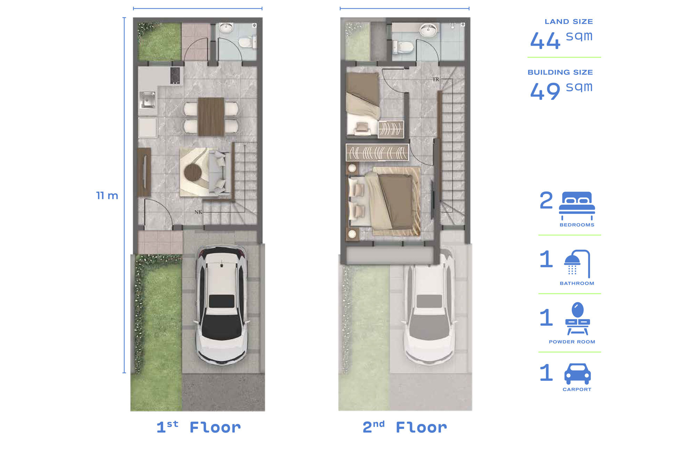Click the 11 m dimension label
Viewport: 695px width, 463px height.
[x=107, y=196]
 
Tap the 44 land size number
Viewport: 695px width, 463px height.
[x=545, y=41]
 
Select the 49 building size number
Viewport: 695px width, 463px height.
[x=545, y=91]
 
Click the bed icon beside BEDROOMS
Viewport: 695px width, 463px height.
[x=577, y=205]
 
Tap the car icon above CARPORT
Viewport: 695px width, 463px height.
[x=577, y=374]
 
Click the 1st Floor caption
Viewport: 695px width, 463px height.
[x=198, y=427]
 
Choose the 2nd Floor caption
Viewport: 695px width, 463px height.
[x=405, y=427]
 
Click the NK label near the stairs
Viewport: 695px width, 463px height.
[x=198, y=212]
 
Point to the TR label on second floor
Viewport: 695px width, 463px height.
[x=436, y=80]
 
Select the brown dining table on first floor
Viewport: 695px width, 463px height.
[x=211, y=116]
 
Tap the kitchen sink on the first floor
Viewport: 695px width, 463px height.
[x=147, y=99]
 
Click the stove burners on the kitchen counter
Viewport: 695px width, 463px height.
[x=175, y=75]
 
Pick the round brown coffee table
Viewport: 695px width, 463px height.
[x=193, y=172]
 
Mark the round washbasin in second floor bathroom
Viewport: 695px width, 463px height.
[x=428, y=30]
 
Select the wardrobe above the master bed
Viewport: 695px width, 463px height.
[x=377, y=153]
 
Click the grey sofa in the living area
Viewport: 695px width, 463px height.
[x=219, y=172]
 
